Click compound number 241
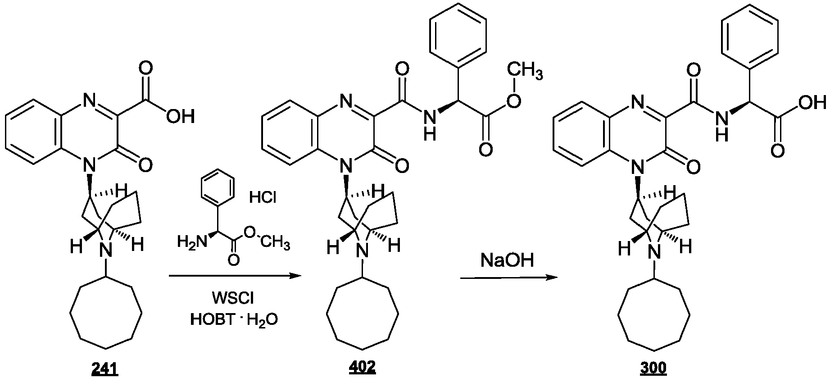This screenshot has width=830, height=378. point(104,369)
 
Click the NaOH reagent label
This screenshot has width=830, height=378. point(507,260)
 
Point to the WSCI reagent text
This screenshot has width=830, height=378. point(234,298)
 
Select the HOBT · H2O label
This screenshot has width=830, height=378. point(234,320)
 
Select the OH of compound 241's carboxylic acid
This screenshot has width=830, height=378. point(181,117)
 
